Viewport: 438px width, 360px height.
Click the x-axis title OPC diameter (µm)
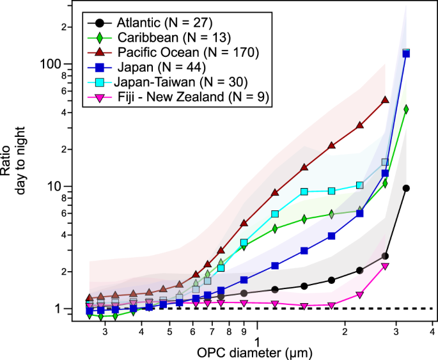[255, 350]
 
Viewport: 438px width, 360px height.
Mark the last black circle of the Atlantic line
[405, 188]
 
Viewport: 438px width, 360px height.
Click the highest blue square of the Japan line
[405, 54]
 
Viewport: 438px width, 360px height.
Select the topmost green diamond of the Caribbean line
[405, 109]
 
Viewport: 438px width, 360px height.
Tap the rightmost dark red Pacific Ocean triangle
[385, 100]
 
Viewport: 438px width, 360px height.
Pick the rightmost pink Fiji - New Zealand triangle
[385, 266]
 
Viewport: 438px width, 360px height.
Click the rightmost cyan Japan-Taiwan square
[385, 162]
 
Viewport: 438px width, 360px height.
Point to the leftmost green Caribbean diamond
[90, 315]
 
